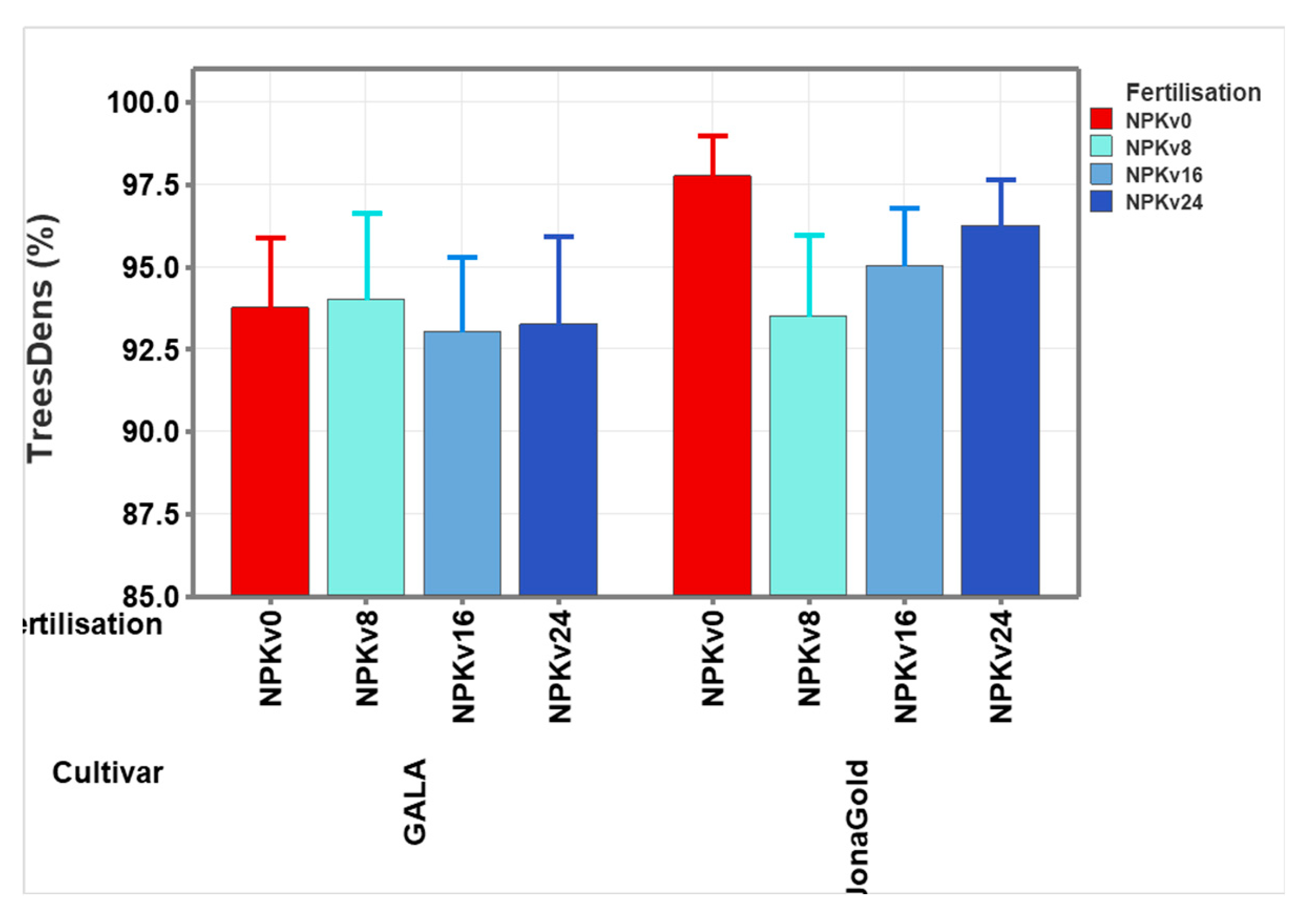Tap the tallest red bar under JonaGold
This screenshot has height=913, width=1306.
[712, 385]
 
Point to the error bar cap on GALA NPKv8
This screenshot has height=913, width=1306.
[366, 213]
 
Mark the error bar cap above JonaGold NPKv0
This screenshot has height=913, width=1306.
[712, 136]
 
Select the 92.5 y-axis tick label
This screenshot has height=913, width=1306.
[150, 349]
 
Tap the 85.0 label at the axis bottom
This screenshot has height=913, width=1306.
[150, 596]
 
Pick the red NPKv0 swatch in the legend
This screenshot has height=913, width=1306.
[1101, 119]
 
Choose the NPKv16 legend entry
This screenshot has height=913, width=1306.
[1164, 175]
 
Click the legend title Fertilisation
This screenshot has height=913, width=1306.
[1193, 92]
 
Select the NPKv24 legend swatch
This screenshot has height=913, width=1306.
[1101, 202]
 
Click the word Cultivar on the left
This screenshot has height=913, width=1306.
[108, 772]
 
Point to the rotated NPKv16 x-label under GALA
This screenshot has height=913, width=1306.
[463, 666]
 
